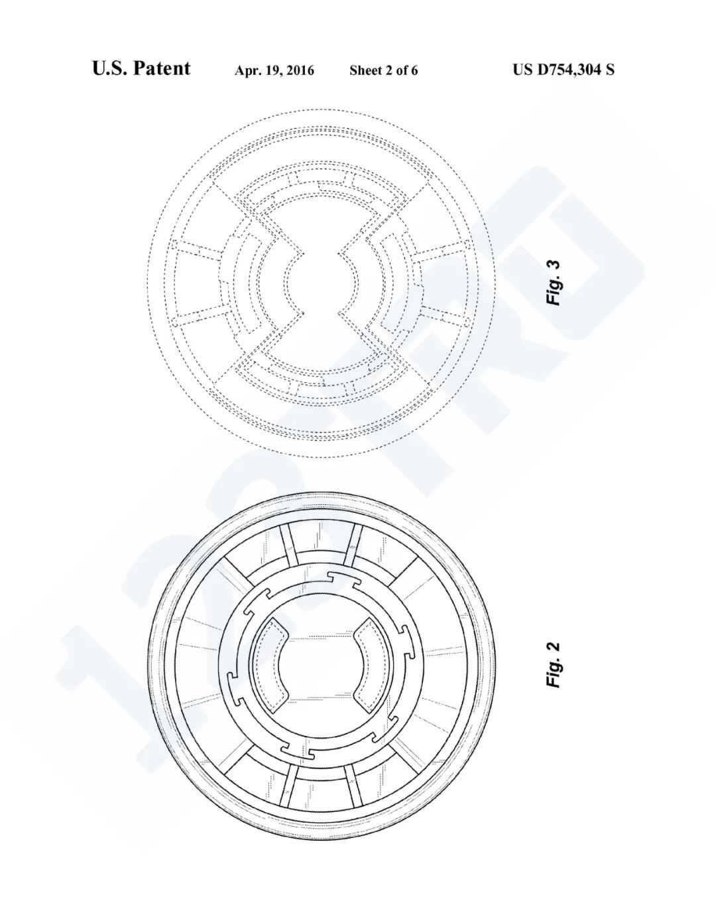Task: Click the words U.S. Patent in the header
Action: point(141,68)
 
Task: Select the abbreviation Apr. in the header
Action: point(246,70)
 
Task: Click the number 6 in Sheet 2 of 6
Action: point(414,70)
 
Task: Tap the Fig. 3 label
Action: point(554,282)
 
